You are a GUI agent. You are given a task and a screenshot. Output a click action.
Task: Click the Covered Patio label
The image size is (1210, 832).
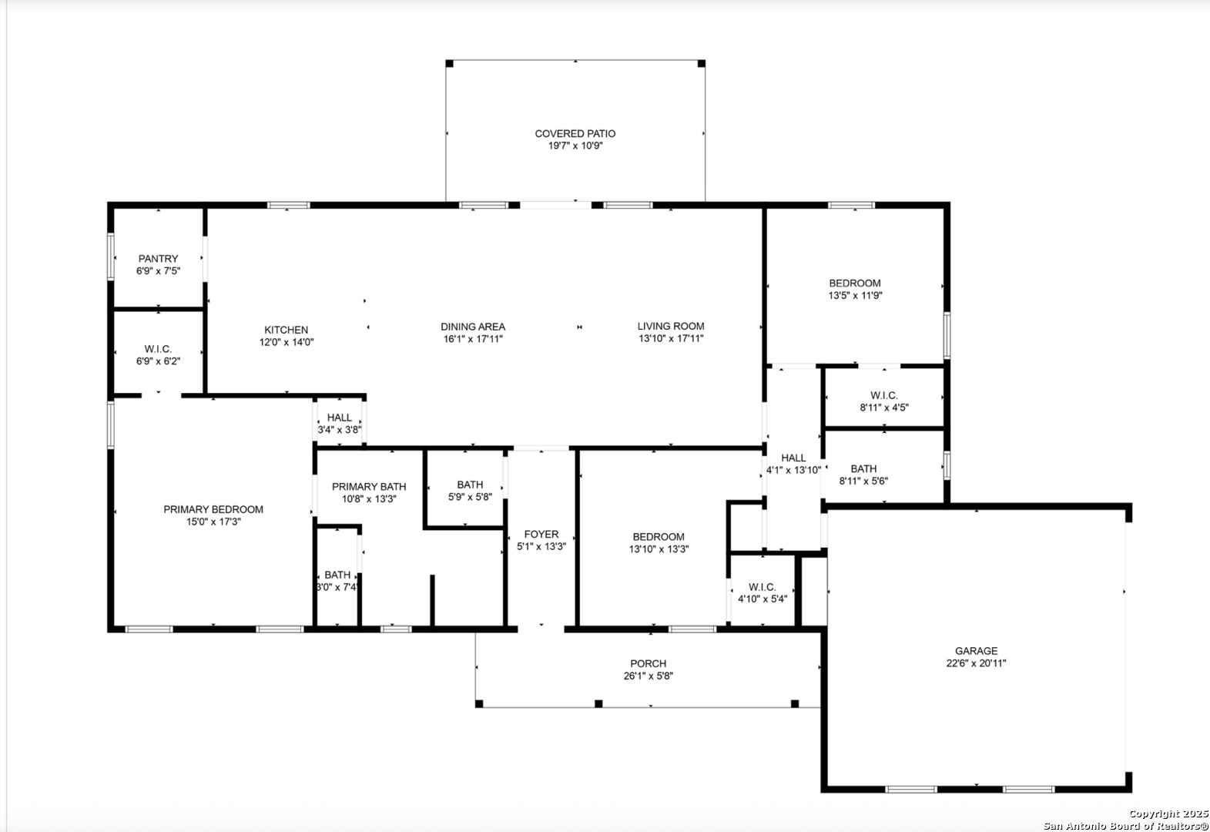pos(575,133)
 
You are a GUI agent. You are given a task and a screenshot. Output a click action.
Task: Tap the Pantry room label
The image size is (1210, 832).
pos(158,259)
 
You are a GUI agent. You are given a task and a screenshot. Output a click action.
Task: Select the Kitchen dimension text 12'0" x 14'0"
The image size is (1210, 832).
pos(287,342)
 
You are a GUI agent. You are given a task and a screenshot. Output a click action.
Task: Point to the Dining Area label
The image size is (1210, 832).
pos(473,327)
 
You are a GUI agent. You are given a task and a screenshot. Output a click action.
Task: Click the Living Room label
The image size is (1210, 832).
pos(671,327)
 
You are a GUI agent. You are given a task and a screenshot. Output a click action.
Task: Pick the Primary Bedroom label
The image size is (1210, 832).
pos(213,509)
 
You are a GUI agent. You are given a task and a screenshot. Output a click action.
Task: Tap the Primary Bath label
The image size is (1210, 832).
pos(369,487)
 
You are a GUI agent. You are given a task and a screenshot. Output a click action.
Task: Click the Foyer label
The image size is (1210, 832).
pos(541,535)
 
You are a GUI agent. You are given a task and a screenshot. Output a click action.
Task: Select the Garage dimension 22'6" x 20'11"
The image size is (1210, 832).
pos(976,663)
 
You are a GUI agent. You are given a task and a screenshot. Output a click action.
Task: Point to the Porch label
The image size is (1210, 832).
pos(649,663)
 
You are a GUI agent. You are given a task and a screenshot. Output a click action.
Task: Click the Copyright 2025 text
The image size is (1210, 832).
pos(1168,814)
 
